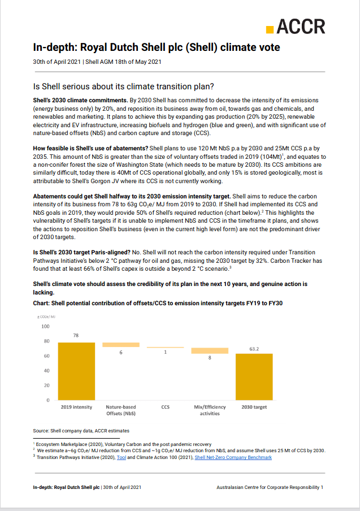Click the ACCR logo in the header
[x=296, y=27]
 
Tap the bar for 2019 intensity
[x=76, y=371]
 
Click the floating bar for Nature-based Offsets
[x=120, y=345]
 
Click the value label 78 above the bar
[x=76, y=335]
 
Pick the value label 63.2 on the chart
[x=254, y=349]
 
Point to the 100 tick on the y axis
[x=45, y=327]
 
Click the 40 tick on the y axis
[x=46, y=371]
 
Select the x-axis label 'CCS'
[x=165, y=407]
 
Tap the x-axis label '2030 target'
[x=254, y=407]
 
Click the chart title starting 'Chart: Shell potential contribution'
[x=158, y=304]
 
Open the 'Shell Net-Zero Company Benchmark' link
[x=233, y=457]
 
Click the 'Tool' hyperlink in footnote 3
[x=121, y=457]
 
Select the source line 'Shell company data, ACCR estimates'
[x=81, y=431]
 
